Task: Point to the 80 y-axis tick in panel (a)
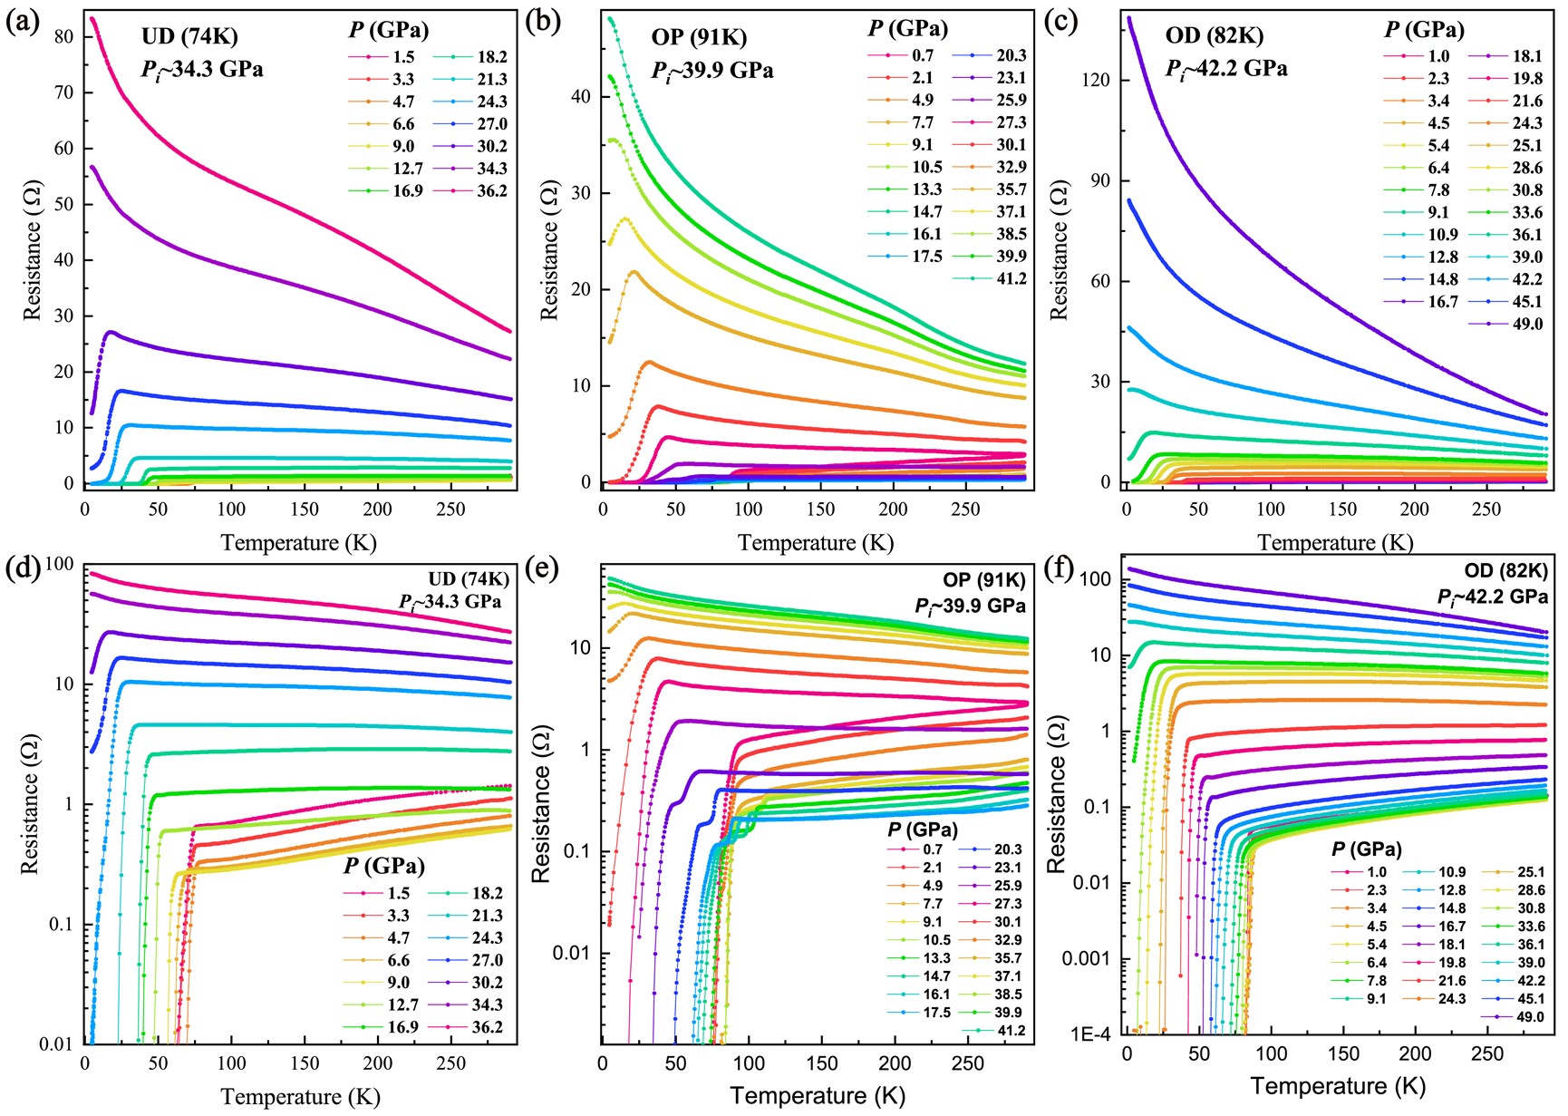(x=63, y=37)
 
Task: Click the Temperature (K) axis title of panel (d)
(x=300, y=1096)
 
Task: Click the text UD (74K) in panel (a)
(x=189, y=37)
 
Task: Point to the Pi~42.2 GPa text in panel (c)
(x=1226, y=68)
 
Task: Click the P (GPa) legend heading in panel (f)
(x=1366, y=849)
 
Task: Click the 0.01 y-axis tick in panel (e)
(x=572, y=953)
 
